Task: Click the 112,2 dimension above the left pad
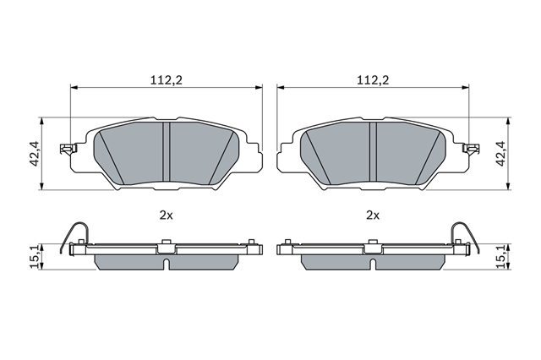(166, 80)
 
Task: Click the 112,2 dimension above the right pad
(373, 80)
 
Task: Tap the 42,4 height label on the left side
(36, 154)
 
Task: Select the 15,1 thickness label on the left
(36, 257)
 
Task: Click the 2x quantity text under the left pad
(166, 215)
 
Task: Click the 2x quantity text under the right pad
(373, 215)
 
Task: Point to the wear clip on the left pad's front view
(68, 149)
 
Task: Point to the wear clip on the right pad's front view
(471, 149)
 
